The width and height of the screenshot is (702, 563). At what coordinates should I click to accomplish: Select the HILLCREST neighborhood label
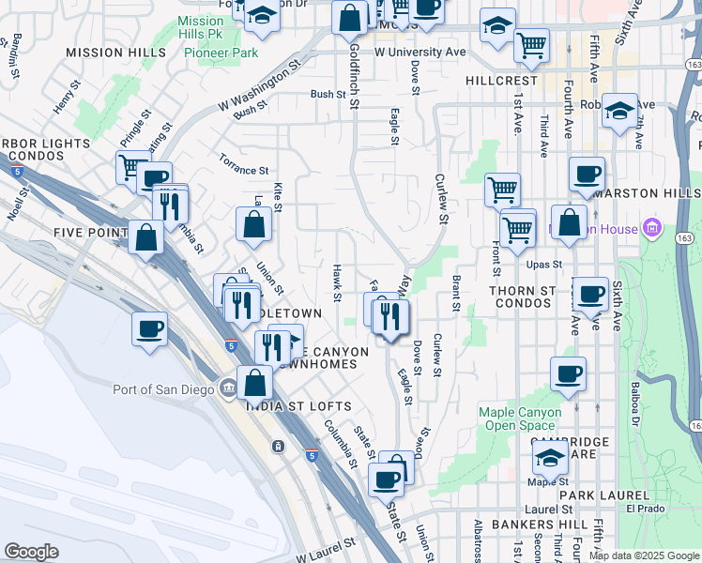pyautogui.click(x=501, y=81)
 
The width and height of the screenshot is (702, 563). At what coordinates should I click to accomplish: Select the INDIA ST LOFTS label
pyautogui.click(x=298, y=406)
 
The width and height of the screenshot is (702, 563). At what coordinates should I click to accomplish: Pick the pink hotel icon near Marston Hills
pyautogui.click(x=652, y=228)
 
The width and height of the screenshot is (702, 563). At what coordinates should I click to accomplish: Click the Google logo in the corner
pyautogui.click(x=31, y=552)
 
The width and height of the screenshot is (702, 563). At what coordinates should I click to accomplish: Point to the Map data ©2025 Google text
pyautogui.click(x=644, y=555)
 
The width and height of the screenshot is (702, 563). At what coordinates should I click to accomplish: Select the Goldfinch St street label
pyautogui.click(x=354, y=75)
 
